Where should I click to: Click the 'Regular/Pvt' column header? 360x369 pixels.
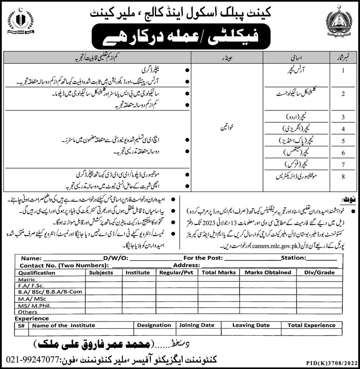[x=177, y=272]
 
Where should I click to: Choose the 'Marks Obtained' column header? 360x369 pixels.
[x=268, y=272]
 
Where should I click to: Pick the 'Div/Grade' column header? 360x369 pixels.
[x=320, y=272]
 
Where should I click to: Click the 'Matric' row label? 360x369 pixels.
[x=27, y=280]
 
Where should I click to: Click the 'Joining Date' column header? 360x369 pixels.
[x=197, y=325]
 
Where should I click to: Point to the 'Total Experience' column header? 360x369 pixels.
[x=311, y=325]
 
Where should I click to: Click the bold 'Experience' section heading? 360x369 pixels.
[x=32, y=318]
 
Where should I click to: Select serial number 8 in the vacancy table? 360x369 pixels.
[x=343, y=178]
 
